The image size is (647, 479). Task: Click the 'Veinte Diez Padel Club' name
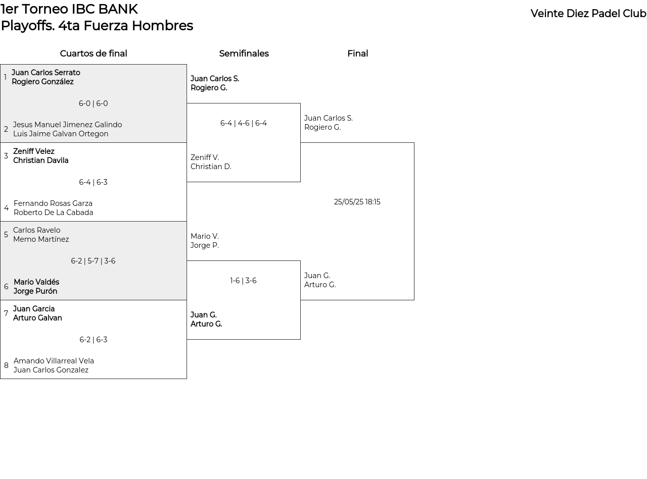pyautogui.click(x=588, y=14)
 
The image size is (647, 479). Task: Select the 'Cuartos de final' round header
pyautogui.click(x=94, y=54)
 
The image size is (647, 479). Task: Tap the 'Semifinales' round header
pyautogui.click(x=244, y=54)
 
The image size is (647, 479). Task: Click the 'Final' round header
pyautogui.click(x=358, y=54)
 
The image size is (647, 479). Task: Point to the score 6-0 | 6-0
pyautogui.click(x=94, y=103)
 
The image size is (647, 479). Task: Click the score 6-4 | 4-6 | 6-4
pyautogui.click(x=244, y=123)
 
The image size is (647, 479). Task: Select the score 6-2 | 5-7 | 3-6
pyautogui.click(x=93, y=261)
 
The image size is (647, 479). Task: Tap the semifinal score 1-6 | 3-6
pyautogui.click(x=243, y=281)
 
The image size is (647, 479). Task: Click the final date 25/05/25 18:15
pyautogui.click(x=357, y=202)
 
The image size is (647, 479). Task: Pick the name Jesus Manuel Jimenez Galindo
pyautogui.click(x=67, y=125)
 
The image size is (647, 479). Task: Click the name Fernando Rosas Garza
pyautogui.click(x=53, y=203)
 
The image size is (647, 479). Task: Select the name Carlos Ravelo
pyautogui.click(x=37, y=230)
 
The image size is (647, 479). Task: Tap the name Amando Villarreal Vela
pyautogui.click(x=54, y=361)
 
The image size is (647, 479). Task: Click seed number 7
pyautogui.click(x=6, y=313)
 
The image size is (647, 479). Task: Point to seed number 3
pyautogui.click(x=6, y=156)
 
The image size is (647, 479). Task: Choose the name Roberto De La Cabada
pyautogui.click(x=54, y=212)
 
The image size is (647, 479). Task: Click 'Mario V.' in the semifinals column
pyautogui.click(x=205, y=236)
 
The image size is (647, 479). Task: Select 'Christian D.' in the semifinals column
pyautogui.click(x=211, y=167)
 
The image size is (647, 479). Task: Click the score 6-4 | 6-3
pyautogui.click(x=94, y=182)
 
